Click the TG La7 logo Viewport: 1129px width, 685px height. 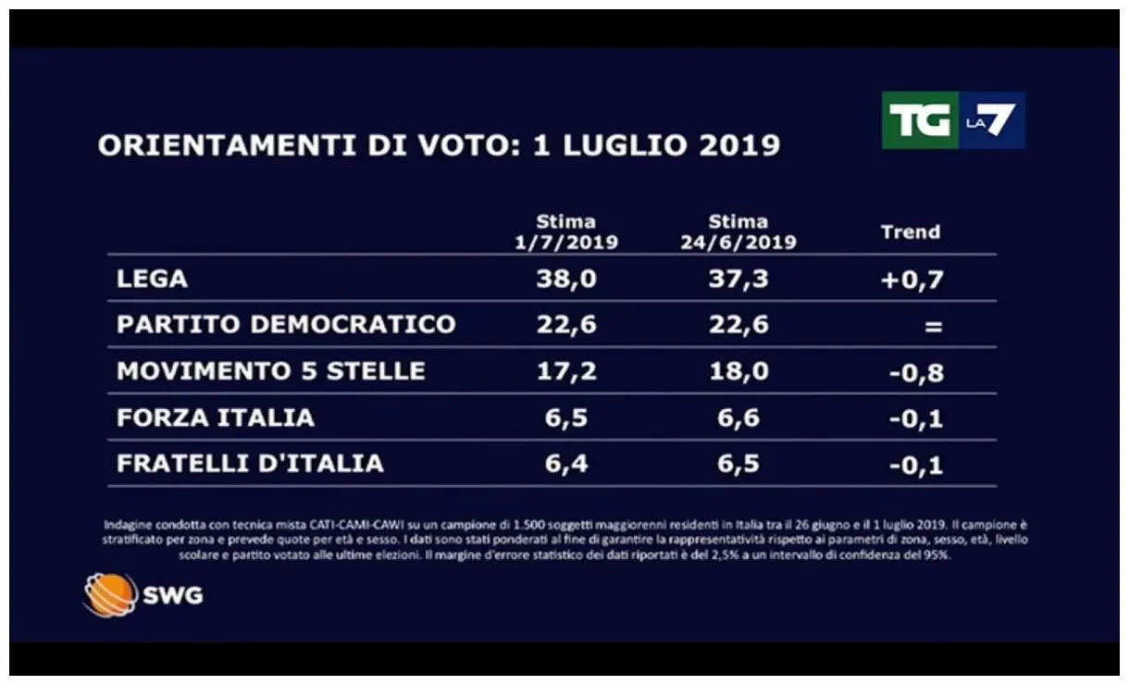952,120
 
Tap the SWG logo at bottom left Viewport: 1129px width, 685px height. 143,594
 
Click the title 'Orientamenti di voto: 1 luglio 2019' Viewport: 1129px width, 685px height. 439,146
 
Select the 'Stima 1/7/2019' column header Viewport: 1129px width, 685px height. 566,232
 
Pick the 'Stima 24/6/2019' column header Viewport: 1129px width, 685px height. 738,232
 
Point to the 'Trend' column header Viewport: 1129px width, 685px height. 910,232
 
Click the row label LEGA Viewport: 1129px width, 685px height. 153,279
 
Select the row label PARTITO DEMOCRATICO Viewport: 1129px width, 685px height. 286,325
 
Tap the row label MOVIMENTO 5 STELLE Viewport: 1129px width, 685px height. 271,371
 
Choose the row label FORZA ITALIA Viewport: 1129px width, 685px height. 216,417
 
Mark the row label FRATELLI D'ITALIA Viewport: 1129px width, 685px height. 250,464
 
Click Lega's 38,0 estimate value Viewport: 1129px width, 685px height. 566,280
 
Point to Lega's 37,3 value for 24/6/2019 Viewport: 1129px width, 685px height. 738,280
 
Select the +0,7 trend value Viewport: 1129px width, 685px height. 912,280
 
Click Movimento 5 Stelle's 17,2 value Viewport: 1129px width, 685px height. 566,372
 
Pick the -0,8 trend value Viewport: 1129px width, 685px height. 916,373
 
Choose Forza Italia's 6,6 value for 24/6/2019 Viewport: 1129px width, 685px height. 738,418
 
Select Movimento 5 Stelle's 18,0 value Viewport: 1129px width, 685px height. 738,372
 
